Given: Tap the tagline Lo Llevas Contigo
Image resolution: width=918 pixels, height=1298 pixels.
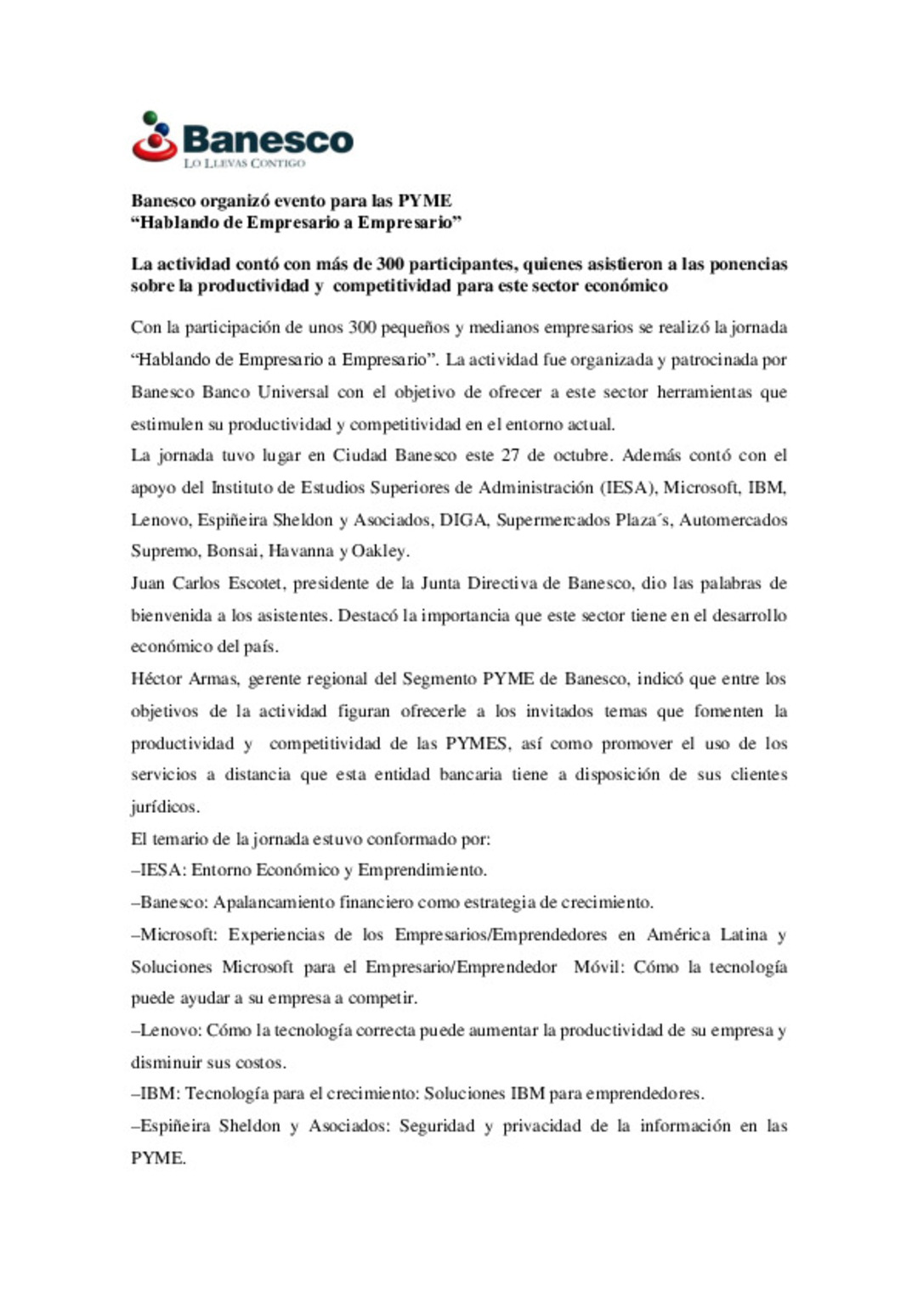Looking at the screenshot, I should pyautogui.click(x=244, y=163).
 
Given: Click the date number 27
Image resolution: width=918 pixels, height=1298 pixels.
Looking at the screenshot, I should pyautogui.click(x=510, y=455).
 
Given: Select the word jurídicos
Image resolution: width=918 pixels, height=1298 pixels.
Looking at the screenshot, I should pyautogui.click(x=164, y=807).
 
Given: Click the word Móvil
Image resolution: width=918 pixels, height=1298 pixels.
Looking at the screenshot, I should pyautogui.click(x=599, y=968).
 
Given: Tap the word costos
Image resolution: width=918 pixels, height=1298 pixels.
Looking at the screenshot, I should pyautogui.click(x=260, y=1063).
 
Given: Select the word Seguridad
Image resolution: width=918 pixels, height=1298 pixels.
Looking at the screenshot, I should pyautogui.click(x=437, y=1126).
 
